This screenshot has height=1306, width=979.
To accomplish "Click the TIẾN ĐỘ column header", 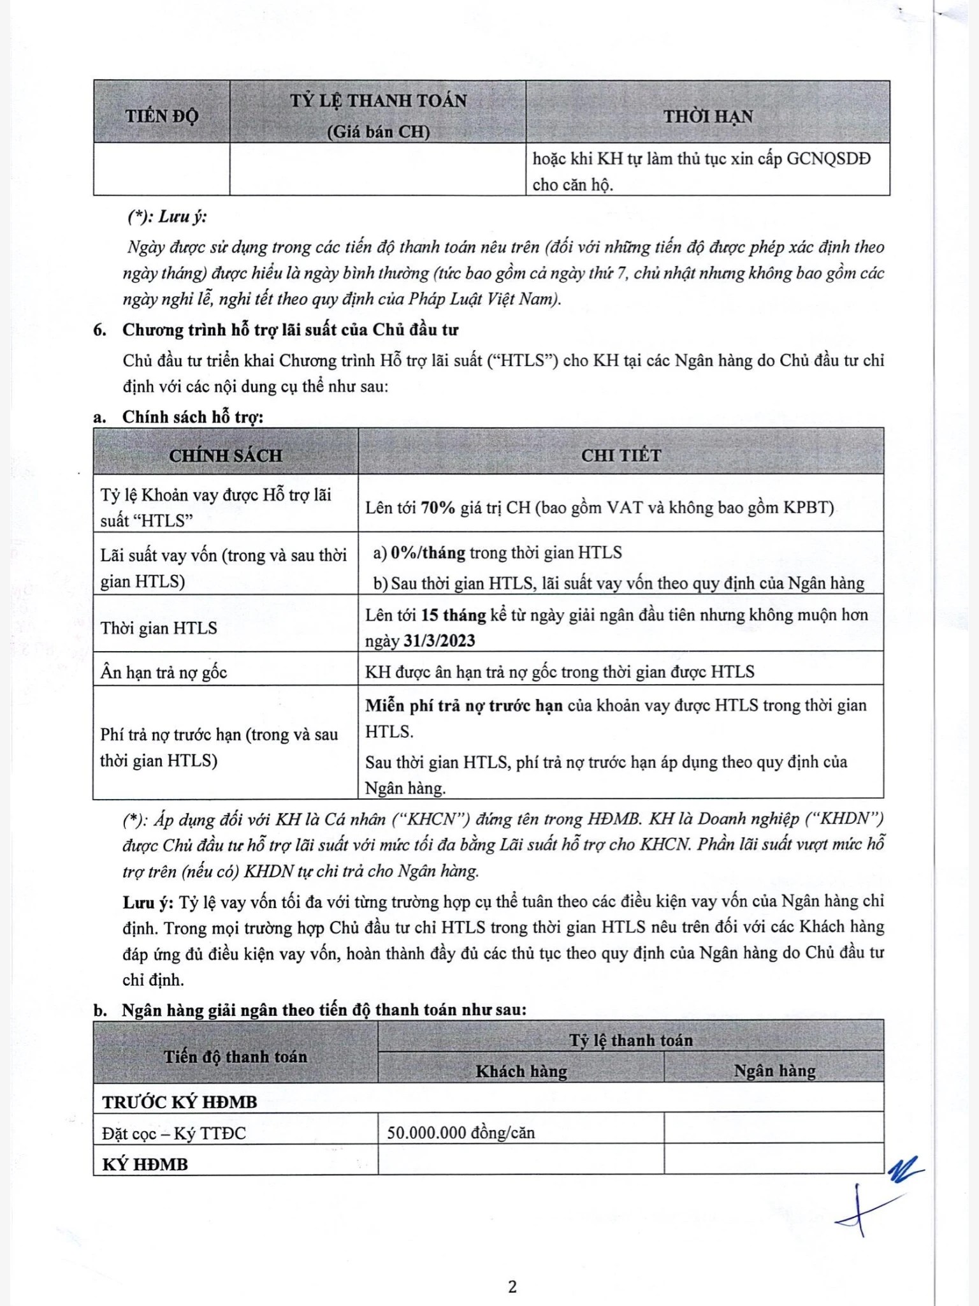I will (161, 116).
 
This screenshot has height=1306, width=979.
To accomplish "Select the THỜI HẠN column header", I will (707, 116).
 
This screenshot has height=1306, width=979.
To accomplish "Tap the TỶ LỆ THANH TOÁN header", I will (378, 101).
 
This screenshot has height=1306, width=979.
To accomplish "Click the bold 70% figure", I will (438, 508).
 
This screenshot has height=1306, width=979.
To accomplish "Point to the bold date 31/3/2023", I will (439, 641).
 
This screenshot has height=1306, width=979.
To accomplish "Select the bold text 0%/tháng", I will (428, 552).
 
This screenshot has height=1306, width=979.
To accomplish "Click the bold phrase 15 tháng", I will (453, 615).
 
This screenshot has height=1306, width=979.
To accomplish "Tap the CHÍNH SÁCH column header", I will (225, 455).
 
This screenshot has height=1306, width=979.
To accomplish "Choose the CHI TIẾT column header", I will (621, 455).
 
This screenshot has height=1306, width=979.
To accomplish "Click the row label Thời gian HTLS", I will (159, 628).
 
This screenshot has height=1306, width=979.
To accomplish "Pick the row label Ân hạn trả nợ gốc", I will (163, 672).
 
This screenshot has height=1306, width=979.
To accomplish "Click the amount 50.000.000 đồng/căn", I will (461, 1133).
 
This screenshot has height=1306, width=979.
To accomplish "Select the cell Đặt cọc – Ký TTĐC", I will (174, 1133).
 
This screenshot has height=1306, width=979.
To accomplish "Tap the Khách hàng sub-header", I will (521, 1071).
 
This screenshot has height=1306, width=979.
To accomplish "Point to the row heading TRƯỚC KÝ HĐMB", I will (180, 1102).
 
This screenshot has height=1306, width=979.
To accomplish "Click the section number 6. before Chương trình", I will (99, 330).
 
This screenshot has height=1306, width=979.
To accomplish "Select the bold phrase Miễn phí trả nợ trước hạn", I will (463, 705).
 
